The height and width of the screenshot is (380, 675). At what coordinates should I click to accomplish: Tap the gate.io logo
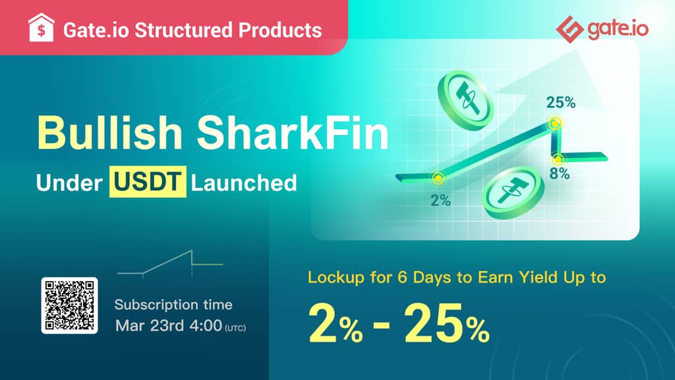point(602,29)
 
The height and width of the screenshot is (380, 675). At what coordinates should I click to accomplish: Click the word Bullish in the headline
point(110,132)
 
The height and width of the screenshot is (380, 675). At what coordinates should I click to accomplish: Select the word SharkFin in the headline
point(293,132)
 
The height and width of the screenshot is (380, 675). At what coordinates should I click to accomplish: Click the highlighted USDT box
point(148,182)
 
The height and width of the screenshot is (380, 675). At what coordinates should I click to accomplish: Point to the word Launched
point(244,183)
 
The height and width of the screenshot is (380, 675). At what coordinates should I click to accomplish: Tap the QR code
point(69,305)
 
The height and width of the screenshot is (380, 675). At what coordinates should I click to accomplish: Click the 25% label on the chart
point(560,102)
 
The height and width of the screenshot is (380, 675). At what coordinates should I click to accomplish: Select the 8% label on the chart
point(560,174)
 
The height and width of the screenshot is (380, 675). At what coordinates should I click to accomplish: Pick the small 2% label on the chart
point(440,200)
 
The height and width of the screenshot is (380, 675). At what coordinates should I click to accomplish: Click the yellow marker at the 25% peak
point(555,124)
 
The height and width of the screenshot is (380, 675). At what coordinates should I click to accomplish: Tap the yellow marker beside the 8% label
point(558,160)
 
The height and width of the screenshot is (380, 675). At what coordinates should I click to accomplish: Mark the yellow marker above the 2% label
point(438,178)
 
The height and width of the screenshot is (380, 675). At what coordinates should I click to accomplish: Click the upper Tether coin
point(465,100)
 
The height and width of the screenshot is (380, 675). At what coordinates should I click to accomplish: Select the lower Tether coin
point(513,192)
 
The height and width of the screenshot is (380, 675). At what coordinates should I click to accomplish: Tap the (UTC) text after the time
point(235,328)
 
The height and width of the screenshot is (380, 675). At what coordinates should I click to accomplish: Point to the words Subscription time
point(173,305)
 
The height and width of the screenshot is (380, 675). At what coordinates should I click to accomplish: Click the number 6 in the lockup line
point(402,277)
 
